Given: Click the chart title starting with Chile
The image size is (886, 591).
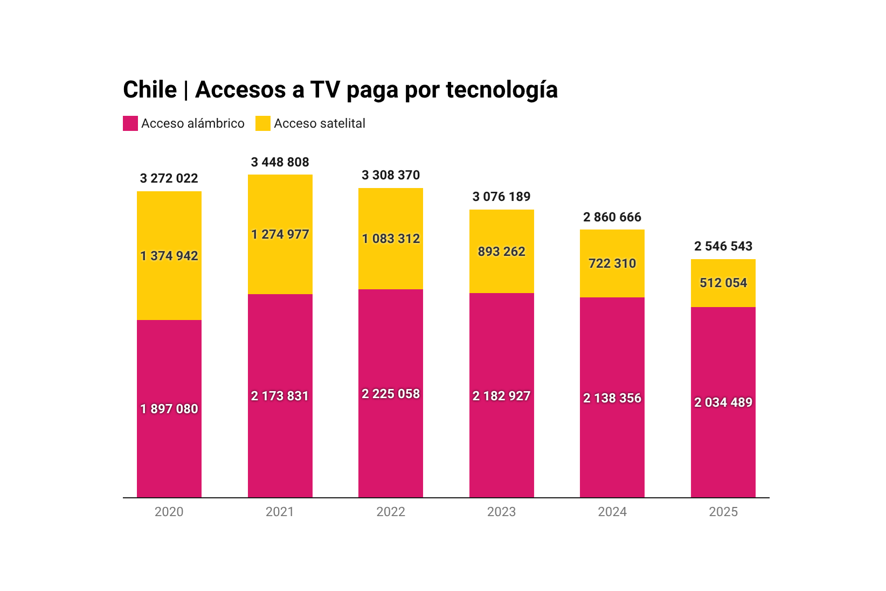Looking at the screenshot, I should [x=340, y=89].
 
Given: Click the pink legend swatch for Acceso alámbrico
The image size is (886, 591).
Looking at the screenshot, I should [x=130, y=123].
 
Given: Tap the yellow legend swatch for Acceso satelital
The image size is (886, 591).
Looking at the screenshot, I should [x=262, y=123].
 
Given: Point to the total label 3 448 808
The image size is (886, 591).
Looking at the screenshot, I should [x=280, y=162].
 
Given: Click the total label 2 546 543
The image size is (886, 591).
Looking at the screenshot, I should [x=723, y=246].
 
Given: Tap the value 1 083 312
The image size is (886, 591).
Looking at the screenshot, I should [x=391, y=239].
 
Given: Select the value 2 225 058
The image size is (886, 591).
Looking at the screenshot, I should [x=391, y=394].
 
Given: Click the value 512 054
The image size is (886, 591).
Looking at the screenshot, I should [x=723, y=283].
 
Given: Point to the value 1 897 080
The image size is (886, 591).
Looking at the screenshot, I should [x=169, y=409].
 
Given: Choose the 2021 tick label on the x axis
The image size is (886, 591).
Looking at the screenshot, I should [x=280, y=512].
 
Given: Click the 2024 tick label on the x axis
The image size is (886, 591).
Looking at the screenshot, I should [x=612, y=512].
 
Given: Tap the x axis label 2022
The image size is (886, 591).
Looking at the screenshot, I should [x=391, y=512].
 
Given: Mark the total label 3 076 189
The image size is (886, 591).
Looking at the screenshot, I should [x=501, y=197].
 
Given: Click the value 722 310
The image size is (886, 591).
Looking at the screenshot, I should [x=612, y=263].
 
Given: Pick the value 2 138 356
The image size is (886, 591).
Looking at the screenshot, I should [x=612, y=398].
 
